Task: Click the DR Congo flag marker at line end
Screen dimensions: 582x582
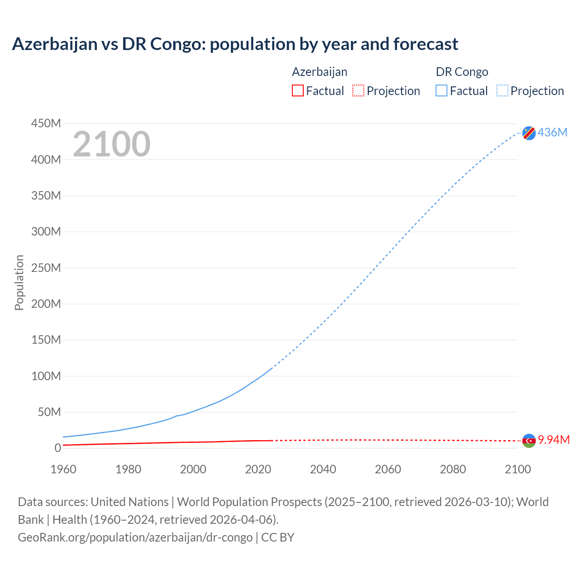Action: click(529, 133)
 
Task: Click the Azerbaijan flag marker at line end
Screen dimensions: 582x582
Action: click(529, 441)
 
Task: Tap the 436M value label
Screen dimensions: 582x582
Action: click(552, 132)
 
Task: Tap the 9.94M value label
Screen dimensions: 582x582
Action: click(554, 440)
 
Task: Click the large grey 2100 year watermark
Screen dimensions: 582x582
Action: click(111, 144)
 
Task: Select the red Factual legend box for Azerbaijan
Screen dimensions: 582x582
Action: click(297, 90)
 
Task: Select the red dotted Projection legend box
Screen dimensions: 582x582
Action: click(358, 90)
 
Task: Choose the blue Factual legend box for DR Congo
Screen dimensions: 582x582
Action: click(442, 90)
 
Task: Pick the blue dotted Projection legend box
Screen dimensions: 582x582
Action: click(502, 90)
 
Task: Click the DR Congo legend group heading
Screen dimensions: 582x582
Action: click(462, 72)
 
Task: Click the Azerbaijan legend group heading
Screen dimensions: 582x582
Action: click(320, 72)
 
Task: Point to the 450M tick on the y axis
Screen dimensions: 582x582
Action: click(46, 123)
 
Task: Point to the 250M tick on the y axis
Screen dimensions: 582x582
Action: click(46, 268)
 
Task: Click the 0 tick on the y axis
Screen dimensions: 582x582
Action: click(57, 448)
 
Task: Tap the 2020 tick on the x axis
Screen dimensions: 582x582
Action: click(258, 469)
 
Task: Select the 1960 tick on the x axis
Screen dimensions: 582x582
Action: click(63, 469)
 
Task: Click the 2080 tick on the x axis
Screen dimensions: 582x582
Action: click(453, 469)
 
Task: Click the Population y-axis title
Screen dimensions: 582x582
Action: click(19, 282)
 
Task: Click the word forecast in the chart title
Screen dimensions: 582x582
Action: click(426, 44)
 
